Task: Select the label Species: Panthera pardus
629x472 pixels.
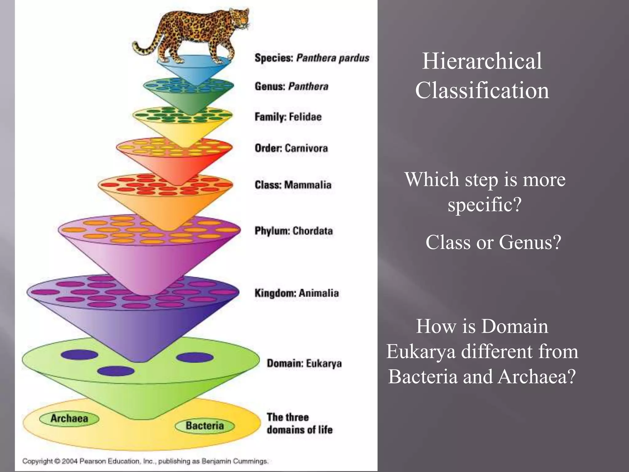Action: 311,58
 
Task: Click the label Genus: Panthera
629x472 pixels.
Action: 291,86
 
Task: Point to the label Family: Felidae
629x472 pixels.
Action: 288,117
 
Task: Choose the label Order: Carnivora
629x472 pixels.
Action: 291,148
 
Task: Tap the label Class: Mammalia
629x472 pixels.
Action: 293,185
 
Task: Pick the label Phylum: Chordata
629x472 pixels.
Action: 293,231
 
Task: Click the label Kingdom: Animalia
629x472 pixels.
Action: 296,293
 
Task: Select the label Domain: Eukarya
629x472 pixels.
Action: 304,363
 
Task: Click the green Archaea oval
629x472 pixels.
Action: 69,419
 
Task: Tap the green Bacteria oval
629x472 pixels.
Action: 205,426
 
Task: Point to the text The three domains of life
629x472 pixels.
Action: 299,423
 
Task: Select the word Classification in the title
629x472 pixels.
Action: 482,90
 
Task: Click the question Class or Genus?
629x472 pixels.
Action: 493,242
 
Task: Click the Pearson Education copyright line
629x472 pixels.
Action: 145,461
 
